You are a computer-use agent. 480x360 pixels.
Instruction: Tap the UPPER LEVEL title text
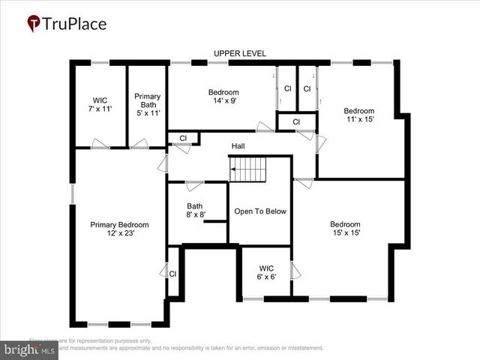coord(239,53)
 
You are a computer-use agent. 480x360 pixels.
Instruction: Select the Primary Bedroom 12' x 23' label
coord(119,229)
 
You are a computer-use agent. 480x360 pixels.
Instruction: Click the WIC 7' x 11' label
coord(100,104)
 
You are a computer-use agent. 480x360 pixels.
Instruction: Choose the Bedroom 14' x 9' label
coord(223,97)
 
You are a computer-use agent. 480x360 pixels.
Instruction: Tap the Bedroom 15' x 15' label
coord(345,229)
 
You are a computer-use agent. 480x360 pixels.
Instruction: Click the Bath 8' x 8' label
coord(195,211)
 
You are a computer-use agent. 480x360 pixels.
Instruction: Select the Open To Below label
coord(260,211)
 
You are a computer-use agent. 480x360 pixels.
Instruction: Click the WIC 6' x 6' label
coord(267,272)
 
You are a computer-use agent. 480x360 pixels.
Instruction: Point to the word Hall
coord(238,146)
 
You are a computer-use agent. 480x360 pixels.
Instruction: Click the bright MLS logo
coord(29,349)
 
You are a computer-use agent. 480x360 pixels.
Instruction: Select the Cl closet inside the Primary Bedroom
coord(172,274)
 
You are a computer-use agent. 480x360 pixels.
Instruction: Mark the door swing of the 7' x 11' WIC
coord(100,143)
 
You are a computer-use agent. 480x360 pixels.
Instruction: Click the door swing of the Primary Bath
coord(139,143)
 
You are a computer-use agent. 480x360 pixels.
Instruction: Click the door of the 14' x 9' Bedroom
coord(264,127)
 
